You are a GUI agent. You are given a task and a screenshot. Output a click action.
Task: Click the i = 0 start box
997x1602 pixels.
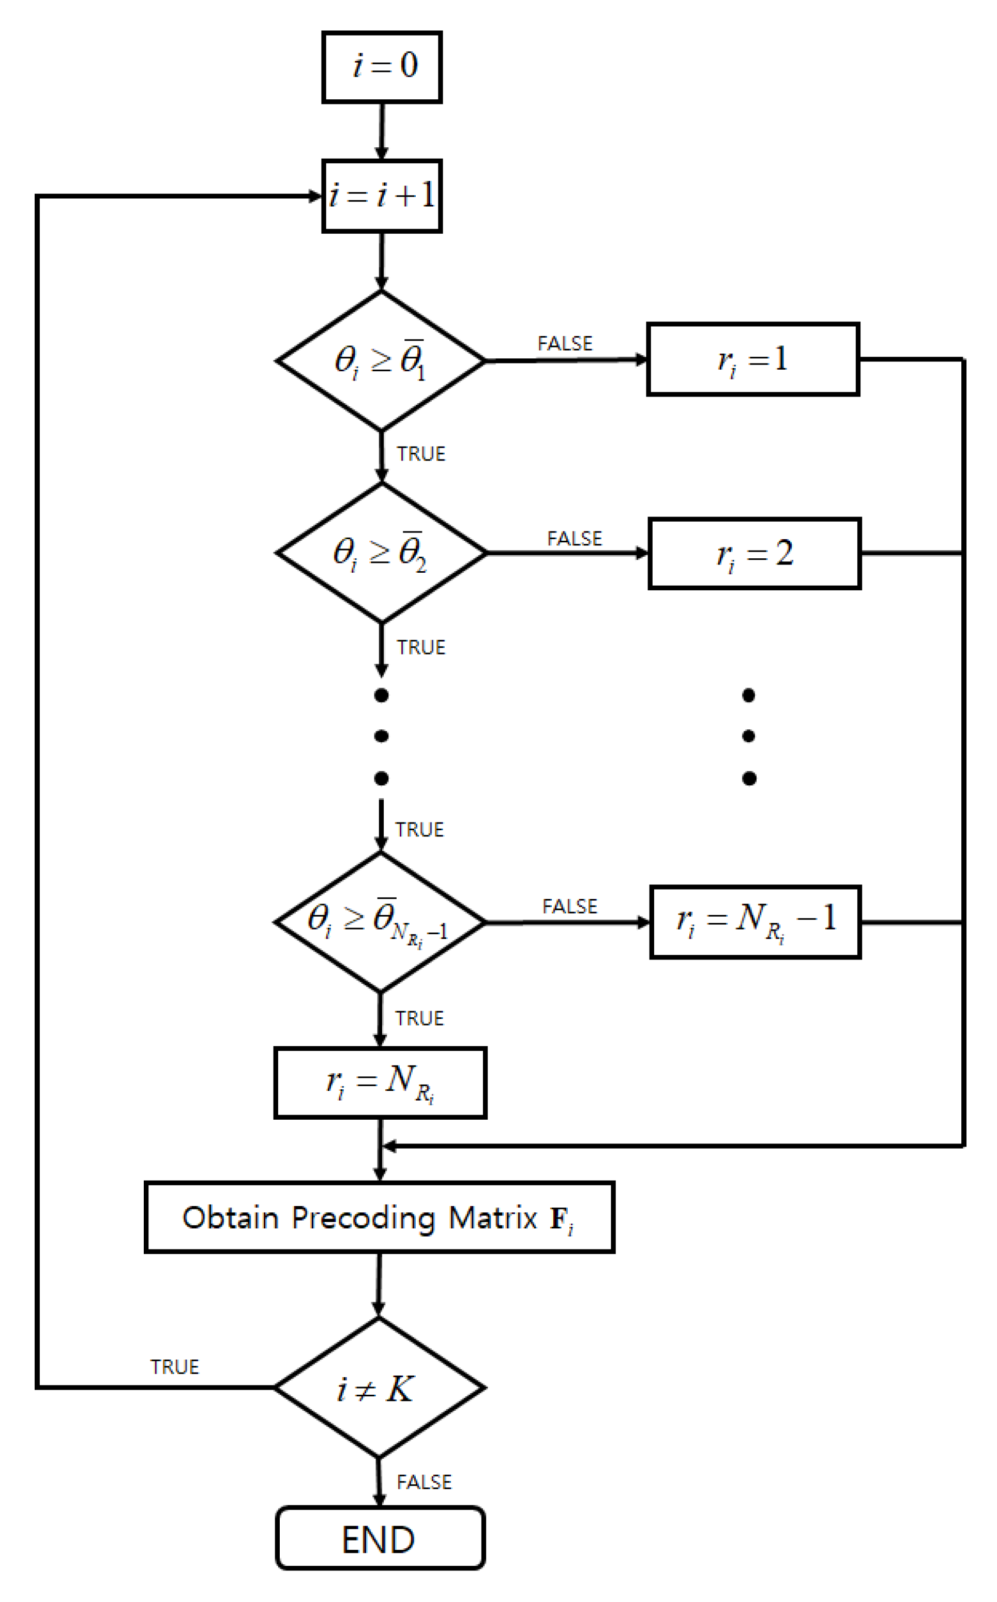coord(382,67)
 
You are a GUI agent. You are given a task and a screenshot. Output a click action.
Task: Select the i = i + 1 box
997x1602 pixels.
coord(382,196)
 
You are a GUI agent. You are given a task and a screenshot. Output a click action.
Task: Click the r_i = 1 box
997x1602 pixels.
coord(753,359)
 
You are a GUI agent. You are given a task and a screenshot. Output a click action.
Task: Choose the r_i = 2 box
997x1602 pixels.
coord(754,553)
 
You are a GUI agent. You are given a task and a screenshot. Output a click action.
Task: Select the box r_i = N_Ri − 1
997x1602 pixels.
coord(755,922)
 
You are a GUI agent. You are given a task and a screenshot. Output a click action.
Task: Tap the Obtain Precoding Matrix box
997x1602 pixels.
coord(379,1217)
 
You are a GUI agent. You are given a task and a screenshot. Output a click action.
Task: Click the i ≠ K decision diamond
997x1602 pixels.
coord(379,1388)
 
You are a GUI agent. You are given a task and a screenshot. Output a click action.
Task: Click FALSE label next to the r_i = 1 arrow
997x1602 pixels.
coord(565,343)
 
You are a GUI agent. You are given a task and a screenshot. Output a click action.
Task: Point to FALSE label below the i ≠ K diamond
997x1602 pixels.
coord(424,1482)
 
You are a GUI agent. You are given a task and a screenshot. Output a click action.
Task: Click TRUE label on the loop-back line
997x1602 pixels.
coord(174,1367)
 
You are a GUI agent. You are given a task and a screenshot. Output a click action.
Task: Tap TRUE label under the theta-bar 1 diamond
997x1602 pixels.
coord(421,454)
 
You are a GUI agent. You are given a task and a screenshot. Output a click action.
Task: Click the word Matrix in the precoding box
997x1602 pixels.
coord(493,1218)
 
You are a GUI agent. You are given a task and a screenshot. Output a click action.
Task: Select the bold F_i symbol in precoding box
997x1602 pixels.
coord(561,1219)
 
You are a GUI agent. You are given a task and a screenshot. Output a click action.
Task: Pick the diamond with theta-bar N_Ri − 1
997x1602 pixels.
coord(379,922)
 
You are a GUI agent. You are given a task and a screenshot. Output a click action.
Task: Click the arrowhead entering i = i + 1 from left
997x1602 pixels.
coord(315,196)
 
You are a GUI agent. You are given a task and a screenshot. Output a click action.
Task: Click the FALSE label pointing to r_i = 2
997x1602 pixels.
coord(575,538)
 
